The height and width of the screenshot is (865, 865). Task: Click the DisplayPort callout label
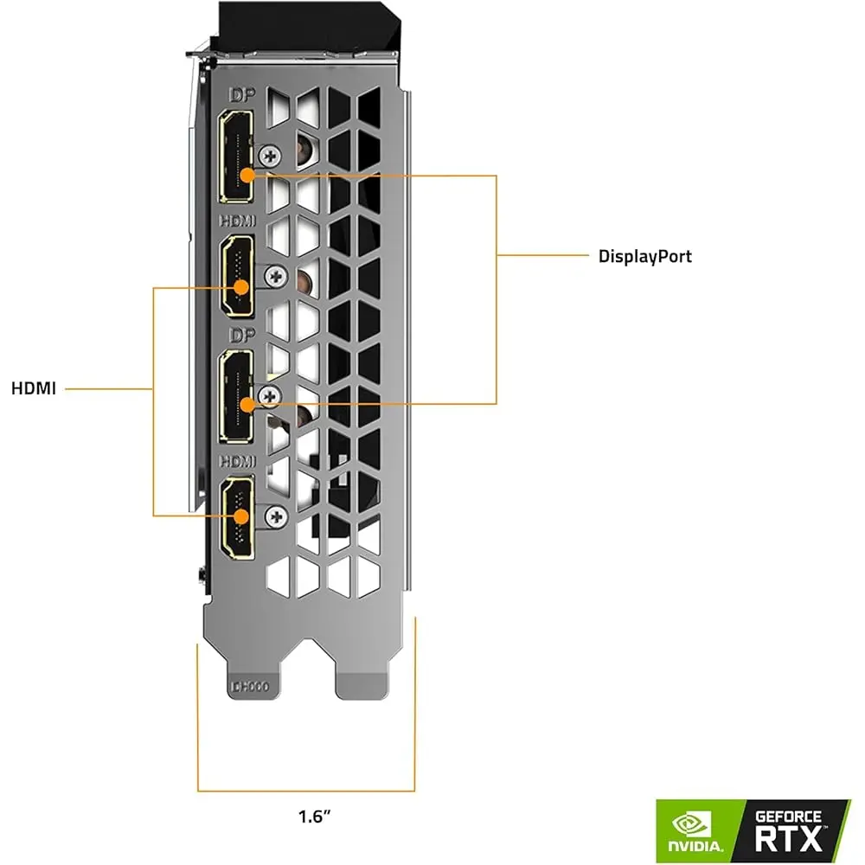[645, 256]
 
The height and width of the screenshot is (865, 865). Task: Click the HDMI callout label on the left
[34, 388]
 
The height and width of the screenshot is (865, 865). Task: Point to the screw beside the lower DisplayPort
[271, 396]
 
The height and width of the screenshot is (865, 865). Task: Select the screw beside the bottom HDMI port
[277, 516]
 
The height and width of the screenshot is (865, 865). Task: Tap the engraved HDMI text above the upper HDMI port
[239, 222]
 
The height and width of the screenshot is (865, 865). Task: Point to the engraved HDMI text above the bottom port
[239, 462]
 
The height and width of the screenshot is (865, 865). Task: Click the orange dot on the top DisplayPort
[247, 174]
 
